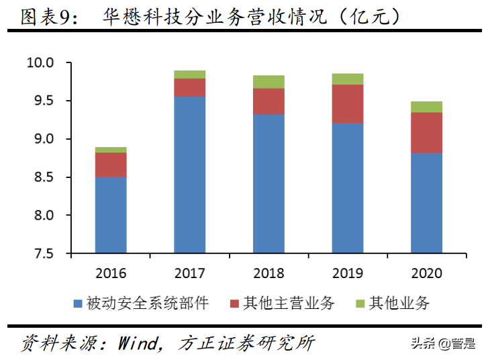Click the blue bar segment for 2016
click(111, 215)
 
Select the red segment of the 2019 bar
click(348, 103)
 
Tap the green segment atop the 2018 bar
click(269, 82)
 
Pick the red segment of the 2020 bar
click(426, 132)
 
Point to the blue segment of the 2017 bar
click(189, 175)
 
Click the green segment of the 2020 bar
click(426, 107)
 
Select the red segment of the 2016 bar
click(111, 165)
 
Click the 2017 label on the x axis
click(189, 273)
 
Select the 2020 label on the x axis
click(426, 273)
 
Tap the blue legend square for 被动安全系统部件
click(77, 304)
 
